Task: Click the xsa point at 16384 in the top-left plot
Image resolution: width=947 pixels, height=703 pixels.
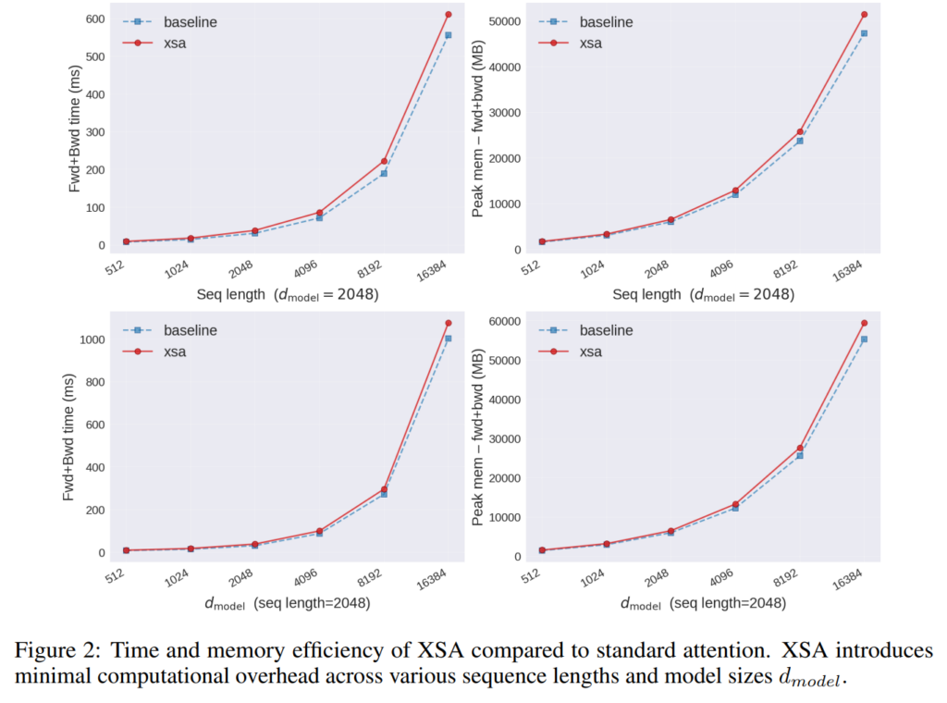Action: (448, 15)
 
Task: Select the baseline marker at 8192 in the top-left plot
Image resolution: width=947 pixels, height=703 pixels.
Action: (383, 174)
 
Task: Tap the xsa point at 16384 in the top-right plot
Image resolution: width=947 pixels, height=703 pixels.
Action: (864, 15)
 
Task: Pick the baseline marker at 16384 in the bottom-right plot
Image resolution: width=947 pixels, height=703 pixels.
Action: (864, 339)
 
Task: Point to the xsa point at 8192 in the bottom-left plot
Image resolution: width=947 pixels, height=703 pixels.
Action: (383, 489)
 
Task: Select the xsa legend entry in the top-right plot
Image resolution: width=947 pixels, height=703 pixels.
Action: (593, 43)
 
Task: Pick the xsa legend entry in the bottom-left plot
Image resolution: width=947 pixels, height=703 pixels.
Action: (176, 351)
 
